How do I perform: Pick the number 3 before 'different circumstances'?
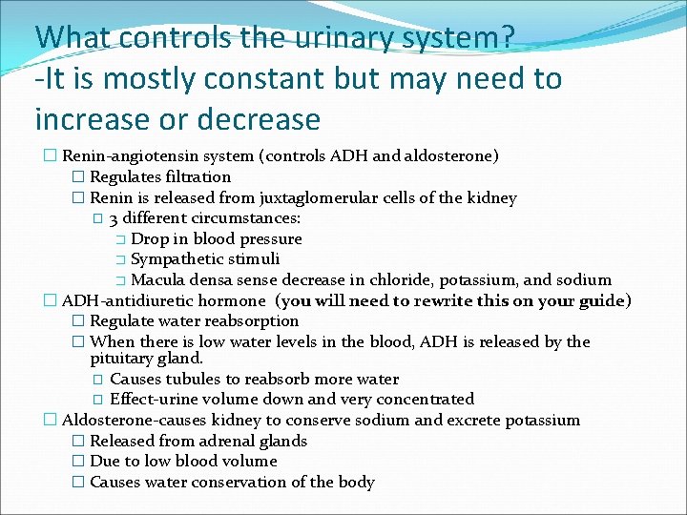tap(114, 219)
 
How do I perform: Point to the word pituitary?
tap(122, 359)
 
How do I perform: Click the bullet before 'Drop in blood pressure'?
tap(120, 239)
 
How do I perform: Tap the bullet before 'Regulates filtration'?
tap(78, 176)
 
